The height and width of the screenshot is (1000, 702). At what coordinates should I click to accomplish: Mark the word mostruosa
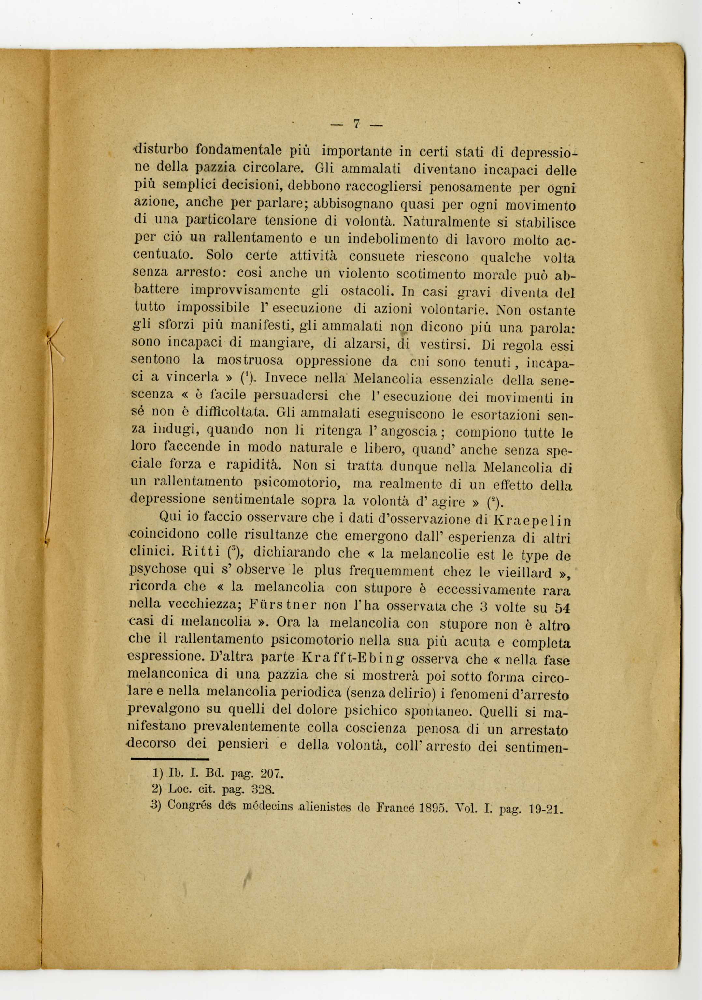pyautogui.click(x=250, y=361)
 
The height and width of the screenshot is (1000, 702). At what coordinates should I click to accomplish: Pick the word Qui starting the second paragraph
pyautogui.click(x=168, y=516)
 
